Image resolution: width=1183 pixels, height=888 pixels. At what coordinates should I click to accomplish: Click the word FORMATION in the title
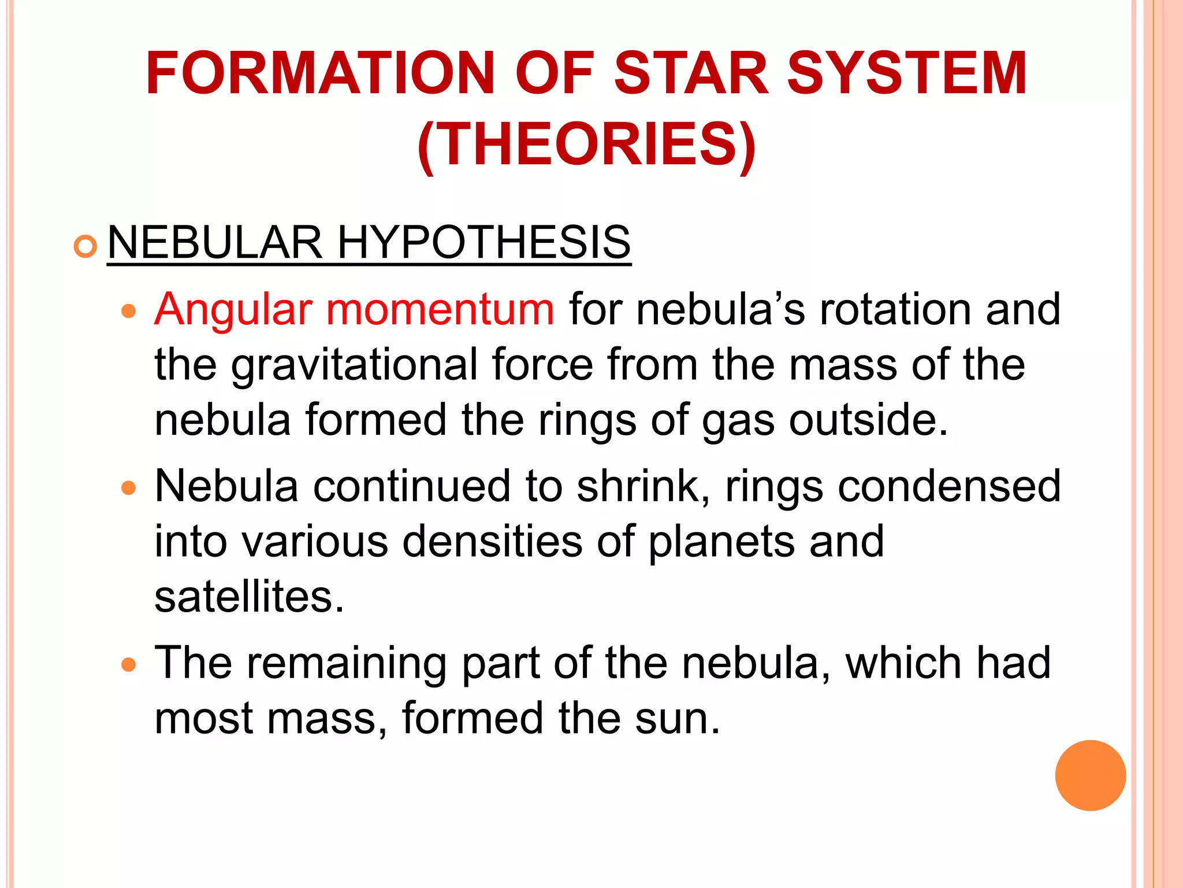pos(320,73)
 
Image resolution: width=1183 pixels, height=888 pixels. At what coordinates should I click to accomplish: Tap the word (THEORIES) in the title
pos(586,145)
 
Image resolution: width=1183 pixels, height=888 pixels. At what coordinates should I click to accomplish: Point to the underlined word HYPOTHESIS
pos(483,242)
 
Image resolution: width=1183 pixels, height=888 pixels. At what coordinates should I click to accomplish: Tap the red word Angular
pos(233,310)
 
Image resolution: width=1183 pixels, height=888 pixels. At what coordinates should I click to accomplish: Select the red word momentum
pos(440,310)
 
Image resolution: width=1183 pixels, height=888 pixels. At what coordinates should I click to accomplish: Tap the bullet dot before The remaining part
pos(129,665)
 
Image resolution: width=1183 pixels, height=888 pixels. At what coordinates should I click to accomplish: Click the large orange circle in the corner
pos(1090,775)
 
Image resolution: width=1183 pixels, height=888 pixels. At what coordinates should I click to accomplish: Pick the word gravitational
pos(354,365)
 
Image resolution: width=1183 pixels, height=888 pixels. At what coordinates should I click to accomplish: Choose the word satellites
pos(249,597)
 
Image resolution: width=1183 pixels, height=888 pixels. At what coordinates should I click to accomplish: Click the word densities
pos(492,542)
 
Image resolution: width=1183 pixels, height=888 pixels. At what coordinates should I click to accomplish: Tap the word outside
pos(868,420)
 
